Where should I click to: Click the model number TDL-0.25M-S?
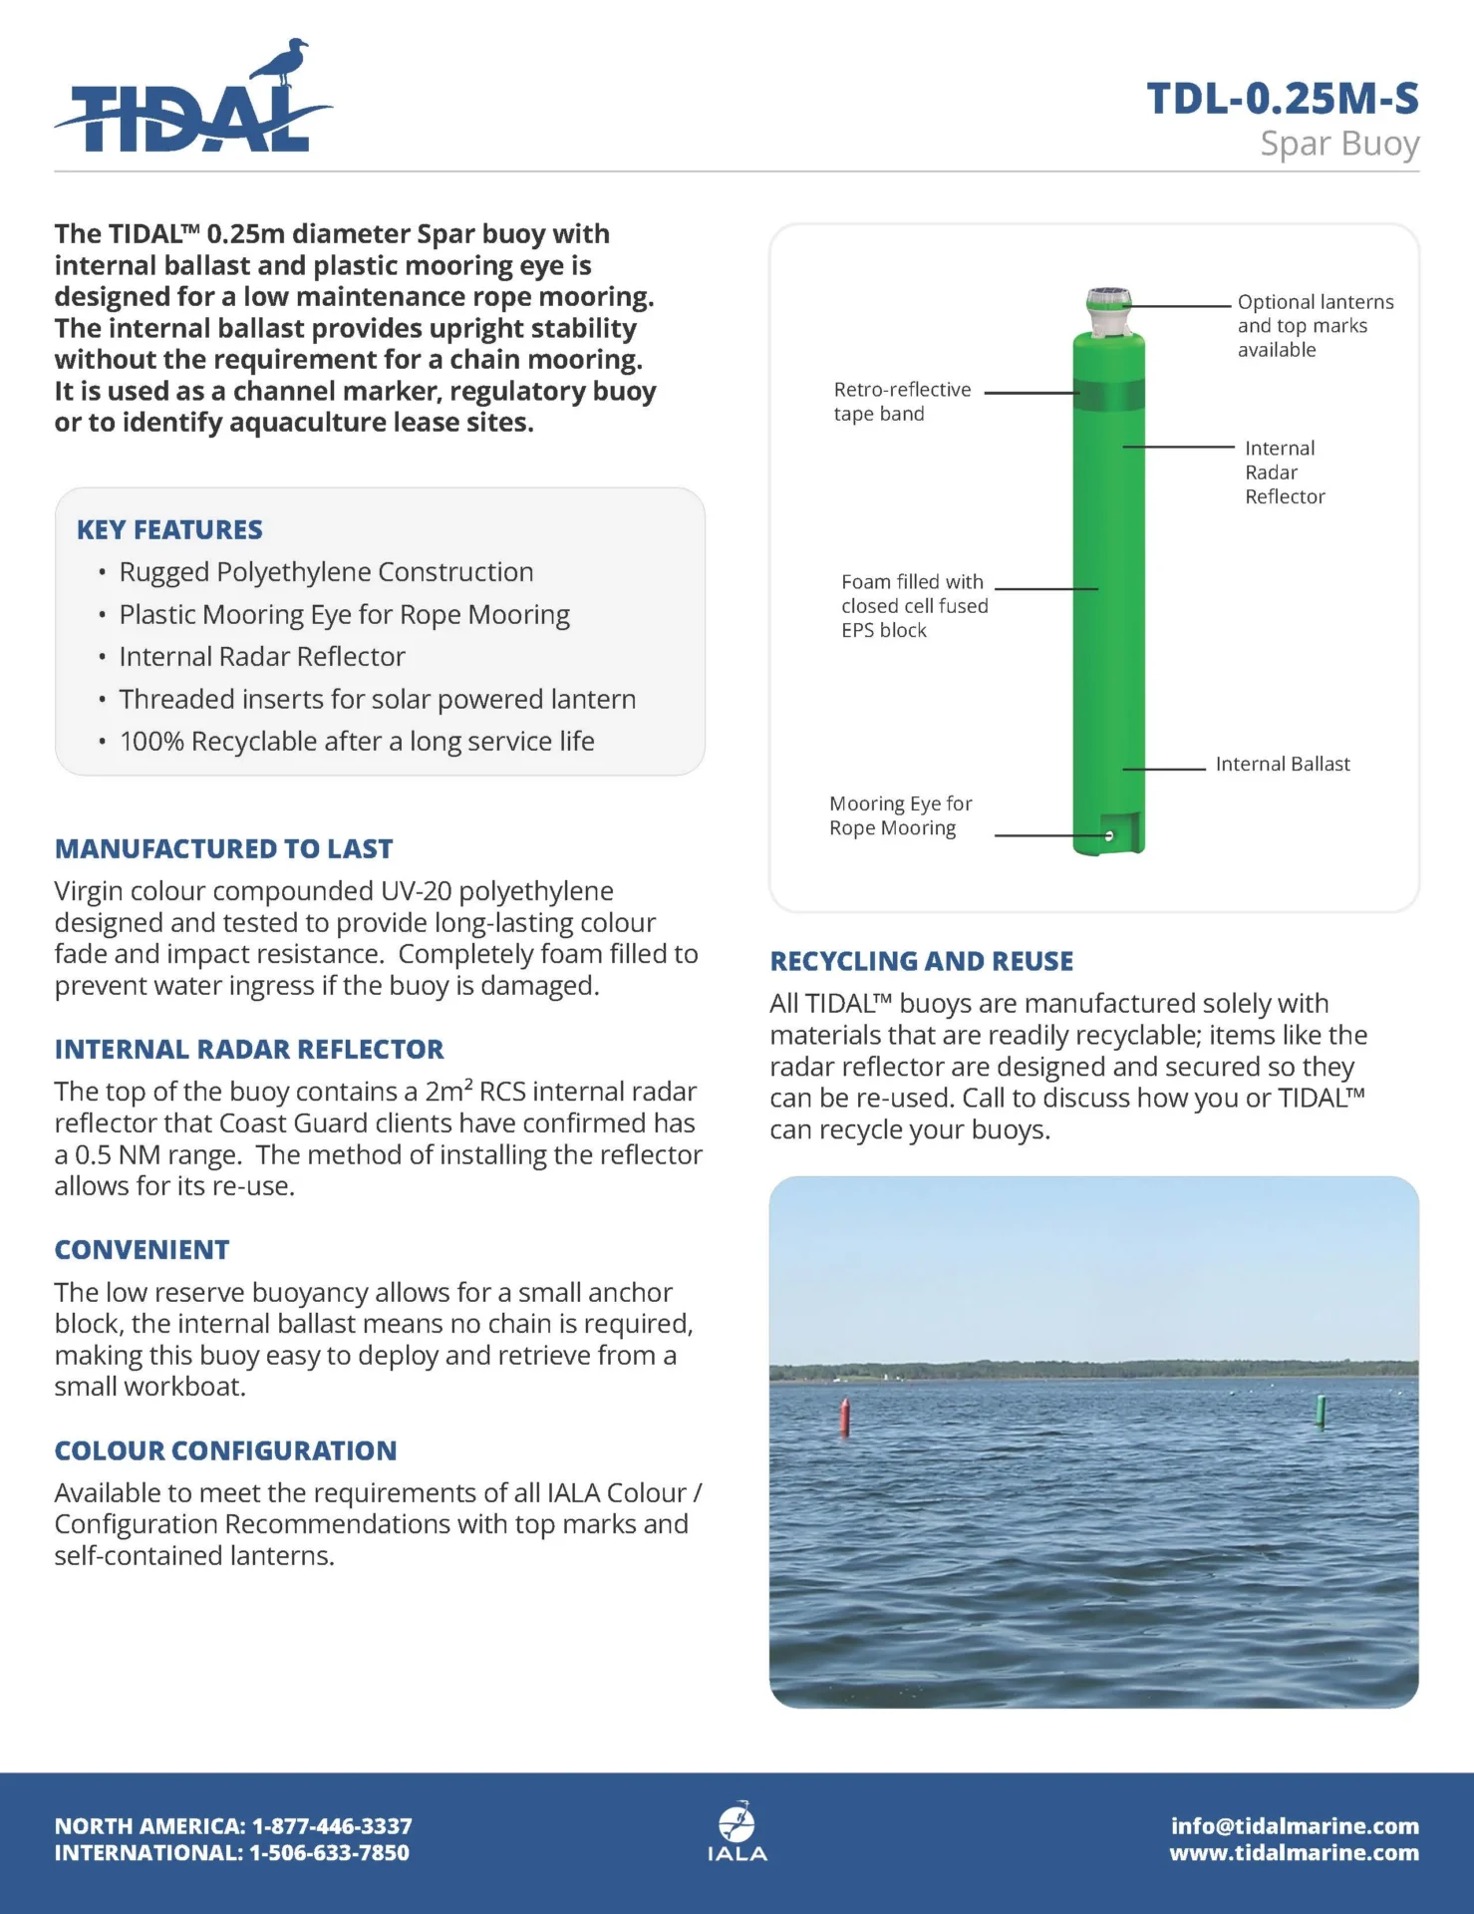pyautogui.click(x=1283, y=99)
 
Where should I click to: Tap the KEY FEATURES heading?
pyautogui.click(x=169, y=529)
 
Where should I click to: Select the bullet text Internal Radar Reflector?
pyautogui.click(x=262, y=657)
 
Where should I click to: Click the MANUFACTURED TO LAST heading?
pyautogui.click(x=223, y=849)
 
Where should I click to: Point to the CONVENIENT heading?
pyautogui.click(x=142, y=1250)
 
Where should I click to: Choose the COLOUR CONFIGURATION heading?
pyautogui.click(x=225, y=1450)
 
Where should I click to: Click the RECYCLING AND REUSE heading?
pyautogui.click(x=922, y=961)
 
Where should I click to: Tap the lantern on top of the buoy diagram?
pyautogui.click(x=1108, y=308)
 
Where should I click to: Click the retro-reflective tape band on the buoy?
pyautogui.click(x=1108, y=394)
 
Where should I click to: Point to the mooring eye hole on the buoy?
pyautogui.click(x=1109, y=836)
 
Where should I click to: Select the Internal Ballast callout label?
pyautogui.click(x=1282, y=765)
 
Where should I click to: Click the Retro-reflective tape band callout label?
pyautogui.click(x=901, y=402)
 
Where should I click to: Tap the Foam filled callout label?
pyautogui.click(x=914, y=606)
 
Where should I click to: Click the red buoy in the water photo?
pyautogui.click(x=845, y=1417)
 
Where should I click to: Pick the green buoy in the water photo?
pyautogui.click(x=1322, y=1411)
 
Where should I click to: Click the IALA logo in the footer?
pyautogui.click(x=737, y=1832)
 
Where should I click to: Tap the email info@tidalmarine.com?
pyautogui.click(x=1295, y=1826)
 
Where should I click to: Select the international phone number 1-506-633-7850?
pyautogui.click(x=329, y=1853)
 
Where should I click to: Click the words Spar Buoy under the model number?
pyautogui.click(x=1338, y=144)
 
